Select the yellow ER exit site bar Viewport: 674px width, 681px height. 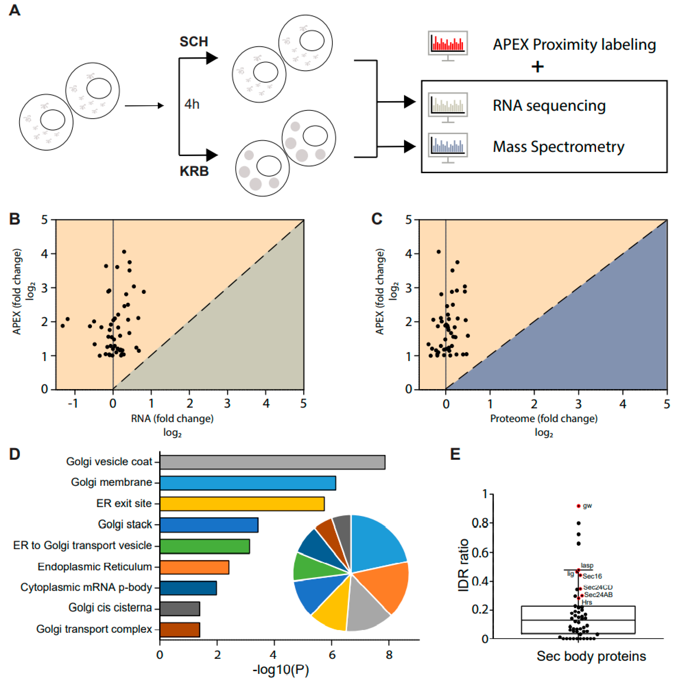tap(242, 503)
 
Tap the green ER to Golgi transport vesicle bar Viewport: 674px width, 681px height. tap(204, 546)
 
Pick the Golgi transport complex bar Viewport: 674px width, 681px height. tap(180, 630)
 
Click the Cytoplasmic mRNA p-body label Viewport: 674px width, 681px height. tap(86, 587)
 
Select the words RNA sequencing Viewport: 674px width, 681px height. tap(549, 105)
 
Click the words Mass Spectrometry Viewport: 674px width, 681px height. tap(558, 147)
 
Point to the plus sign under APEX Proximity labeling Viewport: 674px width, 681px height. tap(538, 67)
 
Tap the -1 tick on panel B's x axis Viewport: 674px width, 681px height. tap(73, 403)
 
